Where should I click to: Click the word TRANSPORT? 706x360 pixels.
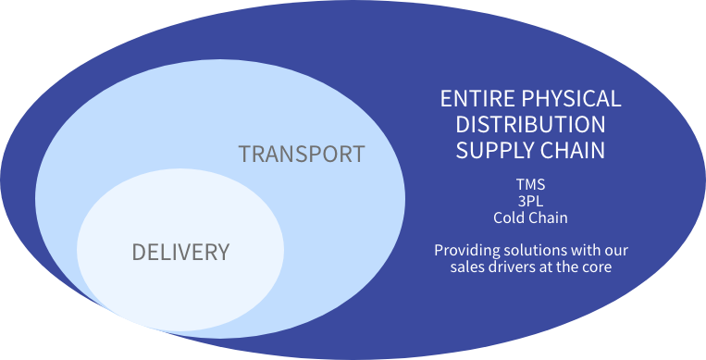coord(302,154)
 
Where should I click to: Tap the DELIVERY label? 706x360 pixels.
coord(180,252)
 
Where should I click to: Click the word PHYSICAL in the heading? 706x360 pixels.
coord(573,99)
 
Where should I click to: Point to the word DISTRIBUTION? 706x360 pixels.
coord(530,124)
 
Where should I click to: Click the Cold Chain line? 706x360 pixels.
coord(530,217)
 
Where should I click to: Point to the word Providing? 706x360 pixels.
coord(466,250)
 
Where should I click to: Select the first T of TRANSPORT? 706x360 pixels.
coord(245,154)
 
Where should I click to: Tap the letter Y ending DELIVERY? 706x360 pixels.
coord(223,252)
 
